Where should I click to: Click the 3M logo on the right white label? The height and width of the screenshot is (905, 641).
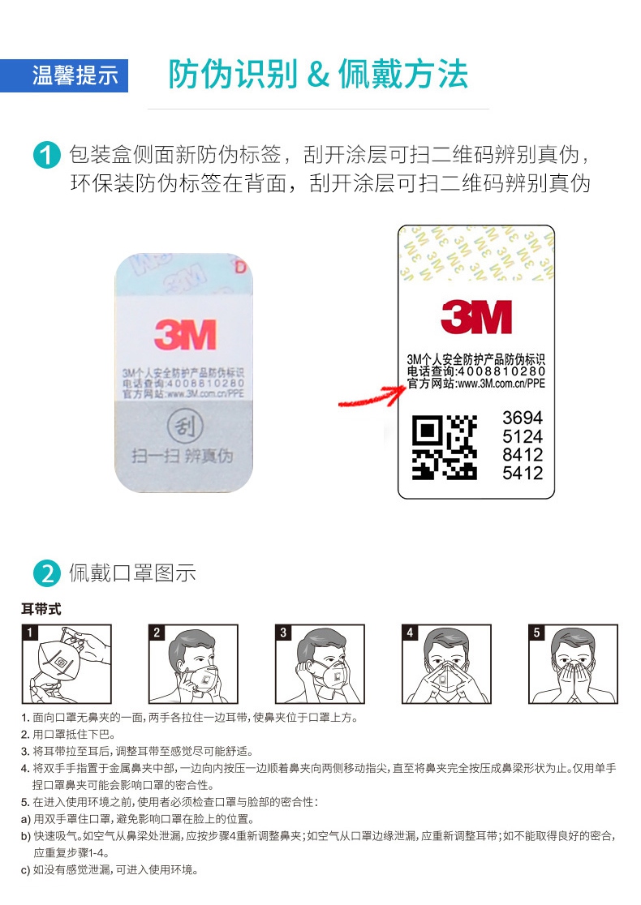point(476,317)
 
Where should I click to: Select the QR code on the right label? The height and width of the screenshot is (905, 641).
point(445,447)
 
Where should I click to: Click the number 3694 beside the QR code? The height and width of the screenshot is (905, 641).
point(523,418)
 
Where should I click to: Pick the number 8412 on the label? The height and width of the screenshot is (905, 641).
point(523,455)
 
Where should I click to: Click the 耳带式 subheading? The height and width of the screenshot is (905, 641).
point(41,609)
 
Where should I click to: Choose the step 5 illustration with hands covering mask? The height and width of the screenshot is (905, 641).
point(573,663)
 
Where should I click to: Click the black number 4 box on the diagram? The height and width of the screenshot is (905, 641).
point(411,633)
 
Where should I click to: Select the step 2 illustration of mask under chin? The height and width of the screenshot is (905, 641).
point(193,663)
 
